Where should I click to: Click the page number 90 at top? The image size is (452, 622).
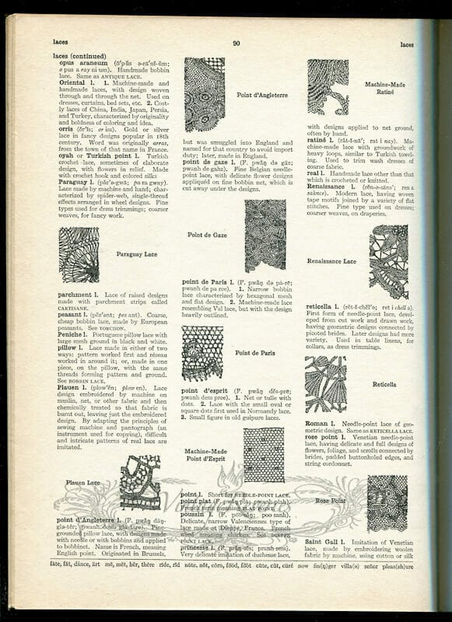(236, 44)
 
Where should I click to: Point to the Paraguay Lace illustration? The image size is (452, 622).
(79, 254)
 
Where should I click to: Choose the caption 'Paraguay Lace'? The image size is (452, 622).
(136, 253)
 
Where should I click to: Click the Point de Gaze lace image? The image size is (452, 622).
(265, 235)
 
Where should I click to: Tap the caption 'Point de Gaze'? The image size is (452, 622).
(208, 234)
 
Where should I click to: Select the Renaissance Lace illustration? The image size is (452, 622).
(388, 261)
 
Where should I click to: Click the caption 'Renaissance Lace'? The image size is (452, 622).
(331, 261)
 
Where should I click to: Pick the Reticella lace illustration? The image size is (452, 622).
(325, 384)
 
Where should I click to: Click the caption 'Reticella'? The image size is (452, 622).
(384, 384)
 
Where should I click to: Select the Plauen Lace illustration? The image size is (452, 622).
(140, 482)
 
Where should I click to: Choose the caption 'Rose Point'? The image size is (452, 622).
(331, 501)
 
